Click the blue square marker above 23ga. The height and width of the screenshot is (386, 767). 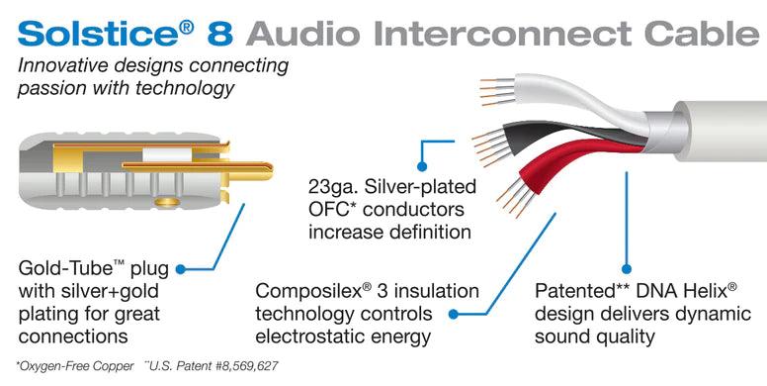point(422,151)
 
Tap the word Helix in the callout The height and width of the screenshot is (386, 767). point(703,292)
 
